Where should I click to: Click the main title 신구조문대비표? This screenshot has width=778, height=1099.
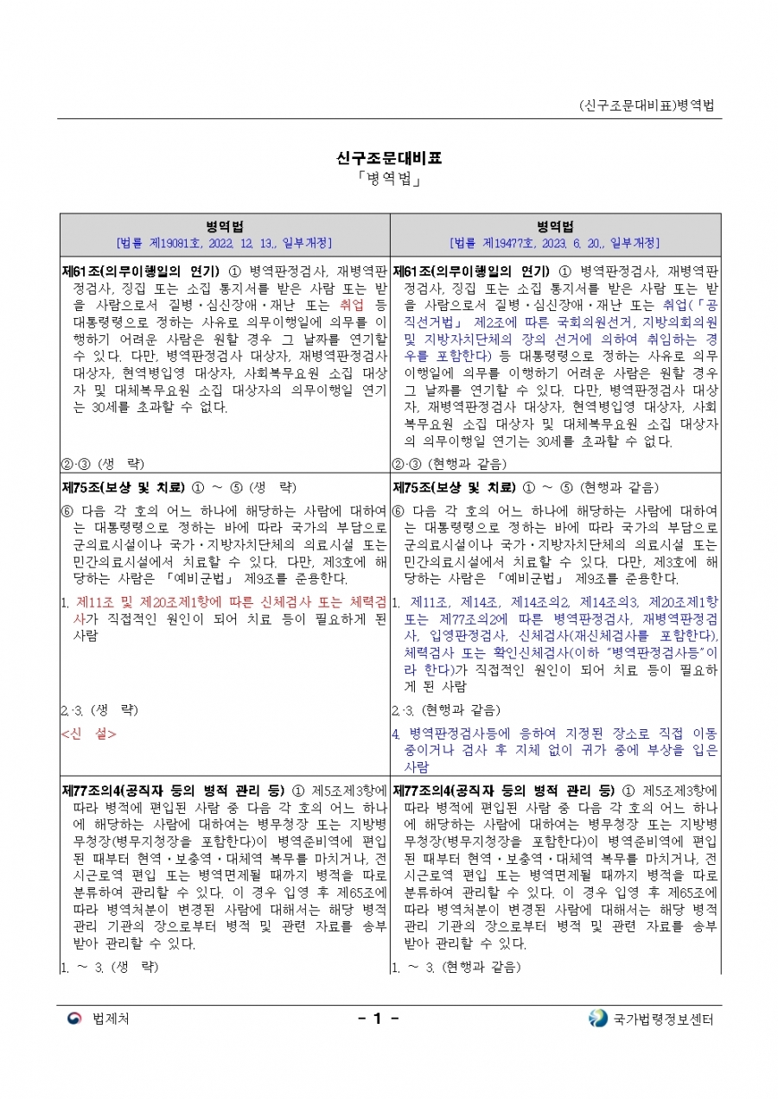[389, 159]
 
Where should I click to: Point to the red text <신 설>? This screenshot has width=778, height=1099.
[89, 734]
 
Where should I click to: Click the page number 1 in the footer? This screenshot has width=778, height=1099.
[377, 1019]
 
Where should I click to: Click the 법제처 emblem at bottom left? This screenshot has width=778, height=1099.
[75, 1019]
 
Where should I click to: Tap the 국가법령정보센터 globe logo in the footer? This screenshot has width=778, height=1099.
[597, 1019]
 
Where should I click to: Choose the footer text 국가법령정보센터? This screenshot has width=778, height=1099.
[664, 1020]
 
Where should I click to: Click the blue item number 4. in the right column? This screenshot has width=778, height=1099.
[396, 734]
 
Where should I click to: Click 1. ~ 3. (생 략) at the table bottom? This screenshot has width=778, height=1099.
[111, 966]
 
